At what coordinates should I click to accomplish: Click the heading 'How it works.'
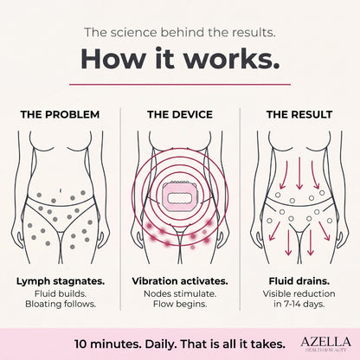pyautogui.click(x=180, y=59)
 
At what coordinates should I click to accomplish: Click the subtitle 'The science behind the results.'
pyautogui.click(x=180, y=32)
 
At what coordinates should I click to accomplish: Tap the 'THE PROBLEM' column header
pyautogui.click(x=60, y=114)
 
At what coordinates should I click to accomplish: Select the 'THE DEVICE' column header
pyautogui.click(x=180, y=114)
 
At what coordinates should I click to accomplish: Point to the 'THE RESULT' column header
pyautogui.click(x=299, y=114)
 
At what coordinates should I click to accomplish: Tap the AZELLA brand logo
pyautogui.click(x=325, y=344)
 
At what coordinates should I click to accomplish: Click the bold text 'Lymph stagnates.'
pyautogui.click(x=61, y=281)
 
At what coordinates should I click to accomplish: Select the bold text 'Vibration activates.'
pyautogui.click(x=180, y=281)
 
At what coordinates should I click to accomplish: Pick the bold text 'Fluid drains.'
pyautogui.click(x=299, y=281)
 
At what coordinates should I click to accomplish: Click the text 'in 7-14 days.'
pyautogui.click(x=299, y=304)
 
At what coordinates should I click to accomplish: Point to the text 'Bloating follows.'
pyautogui.click(x=61, y=304)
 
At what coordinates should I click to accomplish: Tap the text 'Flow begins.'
pyautogui.click(x=180, y=304)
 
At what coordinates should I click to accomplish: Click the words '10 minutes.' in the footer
pyautogui.click(x=108, y=344)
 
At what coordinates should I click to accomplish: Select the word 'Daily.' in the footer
pyautogui.click(x=161, y=344)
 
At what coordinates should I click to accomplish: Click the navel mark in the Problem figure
pyautogui.click(x=61, y=190)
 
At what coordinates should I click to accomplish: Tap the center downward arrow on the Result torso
pyautogui.click(x=299, y=173)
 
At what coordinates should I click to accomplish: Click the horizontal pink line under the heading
pyautogui.click(x=180, y=85)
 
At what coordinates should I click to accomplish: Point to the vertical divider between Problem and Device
pyautogui.click(x=120, y=209)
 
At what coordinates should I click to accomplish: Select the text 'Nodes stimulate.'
pyautogui.click(x=180, y=293)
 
